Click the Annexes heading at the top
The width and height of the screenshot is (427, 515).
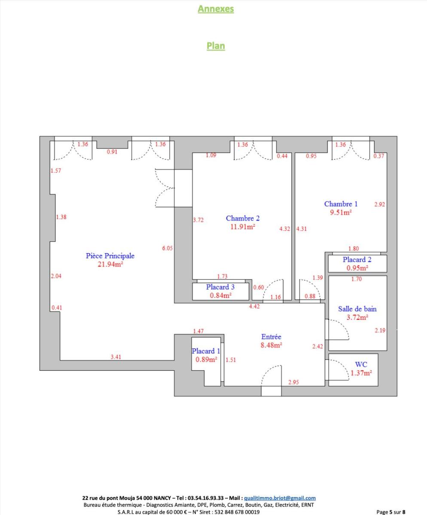coord(216,9)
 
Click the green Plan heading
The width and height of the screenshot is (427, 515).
coord(216,46)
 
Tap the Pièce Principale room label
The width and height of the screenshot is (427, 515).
coord(110,256)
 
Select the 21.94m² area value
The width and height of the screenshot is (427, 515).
coord(110,264)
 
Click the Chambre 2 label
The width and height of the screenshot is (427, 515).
coord(243,218)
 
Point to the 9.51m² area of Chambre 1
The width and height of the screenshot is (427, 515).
coord(341,212)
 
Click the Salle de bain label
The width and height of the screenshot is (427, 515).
coord(357,309)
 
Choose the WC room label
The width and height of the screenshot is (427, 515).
coord(361,364)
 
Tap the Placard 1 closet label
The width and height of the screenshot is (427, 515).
coord(206,351)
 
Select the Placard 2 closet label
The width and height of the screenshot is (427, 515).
coord(357,260)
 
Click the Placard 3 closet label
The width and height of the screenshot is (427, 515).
coord(220,287)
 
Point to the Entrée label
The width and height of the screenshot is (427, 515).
coord(271,337)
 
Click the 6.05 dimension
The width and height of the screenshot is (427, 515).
coord(168,248)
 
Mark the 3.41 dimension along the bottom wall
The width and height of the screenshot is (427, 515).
coord(116,357)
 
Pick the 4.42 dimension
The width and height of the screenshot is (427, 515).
coord(254,306)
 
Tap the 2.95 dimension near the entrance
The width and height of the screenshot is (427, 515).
coord(294,382)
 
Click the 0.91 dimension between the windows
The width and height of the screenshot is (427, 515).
coord(112,152)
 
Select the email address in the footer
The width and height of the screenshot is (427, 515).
coord(280,498)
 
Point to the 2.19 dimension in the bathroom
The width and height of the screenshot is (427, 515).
coord(380,330)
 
